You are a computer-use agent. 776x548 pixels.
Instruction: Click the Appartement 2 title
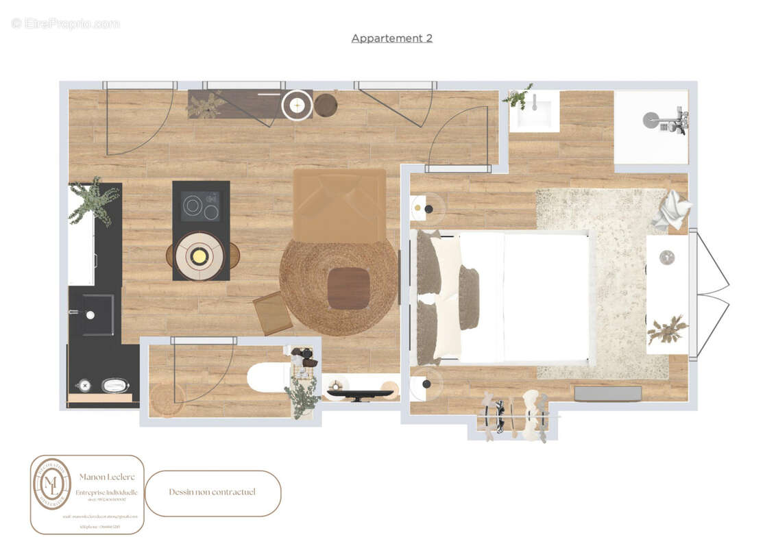[391, 38]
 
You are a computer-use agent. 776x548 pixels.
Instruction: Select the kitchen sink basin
[97, 314]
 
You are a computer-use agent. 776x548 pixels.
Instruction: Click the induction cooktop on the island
[200, 206]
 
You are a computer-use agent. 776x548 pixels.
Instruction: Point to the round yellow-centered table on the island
[199, 256]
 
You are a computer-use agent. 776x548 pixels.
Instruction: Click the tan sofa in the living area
[339, 206]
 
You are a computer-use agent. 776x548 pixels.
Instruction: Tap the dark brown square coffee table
[348, 288]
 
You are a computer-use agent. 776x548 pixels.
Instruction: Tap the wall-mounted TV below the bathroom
[359, 395]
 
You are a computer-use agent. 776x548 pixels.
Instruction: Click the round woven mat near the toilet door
[167, 399]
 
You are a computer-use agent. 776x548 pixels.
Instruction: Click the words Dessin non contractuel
[213, 492]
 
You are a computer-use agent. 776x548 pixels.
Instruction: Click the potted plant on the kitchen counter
[94, 201]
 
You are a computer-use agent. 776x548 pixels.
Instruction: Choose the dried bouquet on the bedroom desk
[667, 330]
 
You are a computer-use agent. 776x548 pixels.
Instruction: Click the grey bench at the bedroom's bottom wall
[607, 393]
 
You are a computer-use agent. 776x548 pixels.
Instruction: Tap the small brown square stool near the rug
[272, 313]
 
